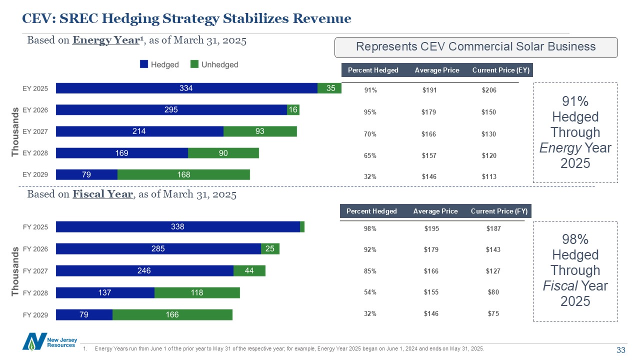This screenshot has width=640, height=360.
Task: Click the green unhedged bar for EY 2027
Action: click(x=260, y=131)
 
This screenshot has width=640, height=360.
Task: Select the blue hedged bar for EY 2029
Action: click(x=86, y=174)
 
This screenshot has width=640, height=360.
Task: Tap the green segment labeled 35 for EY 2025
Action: click(x=330, y=88)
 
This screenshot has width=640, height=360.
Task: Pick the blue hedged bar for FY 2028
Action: click(x=105, y=292)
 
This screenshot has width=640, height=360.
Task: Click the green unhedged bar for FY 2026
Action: click(x=270, y=248)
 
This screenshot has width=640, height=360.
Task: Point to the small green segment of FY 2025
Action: click(x=302, y=227)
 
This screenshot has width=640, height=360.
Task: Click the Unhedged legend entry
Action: click(x=214, y=64)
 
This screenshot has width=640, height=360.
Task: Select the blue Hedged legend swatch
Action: click(x=144, y=64)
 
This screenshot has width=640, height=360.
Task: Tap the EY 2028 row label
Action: click(x=35, y=153)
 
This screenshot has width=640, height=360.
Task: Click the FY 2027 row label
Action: click(x=35, y=271)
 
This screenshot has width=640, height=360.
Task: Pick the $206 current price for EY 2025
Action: click(x=488, y=90)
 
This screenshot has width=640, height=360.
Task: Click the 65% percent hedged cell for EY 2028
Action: click(x=370, y=155)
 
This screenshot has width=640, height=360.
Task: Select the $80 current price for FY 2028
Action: click(x=493, y=291)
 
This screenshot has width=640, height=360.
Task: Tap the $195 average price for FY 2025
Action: click(x=430, y=228)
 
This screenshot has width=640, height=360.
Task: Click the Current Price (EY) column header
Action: click(x=501, y=70)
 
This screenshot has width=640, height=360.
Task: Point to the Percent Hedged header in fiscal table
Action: click(x=371, y=211)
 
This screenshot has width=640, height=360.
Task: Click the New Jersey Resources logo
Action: click(x=49, y=342)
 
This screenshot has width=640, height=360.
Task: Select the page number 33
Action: click(x=621, y=350)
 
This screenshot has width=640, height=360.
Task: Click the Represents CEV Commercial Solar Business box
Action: click(x=475, y=47)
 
